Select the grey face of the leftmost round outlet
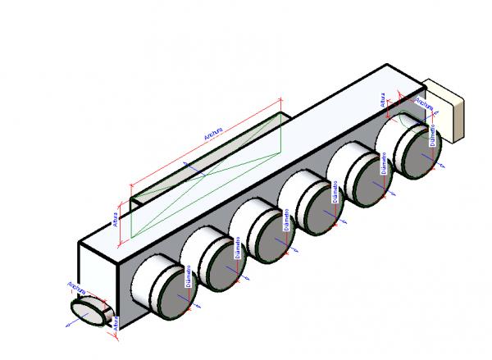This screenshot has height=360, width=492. (x=166, y=289)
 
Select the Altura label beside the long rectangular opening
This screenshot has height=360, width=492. (x=115, y=219)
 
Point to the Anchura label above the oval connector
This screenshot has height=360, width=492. (x=78, y=289)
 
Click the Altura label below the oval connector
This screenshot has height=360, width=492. (x=116, y=323)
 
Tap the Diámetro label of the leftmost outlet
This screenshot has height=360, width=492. (x=189, y=276)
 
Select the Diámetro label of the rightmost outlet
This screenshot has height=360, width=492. (x=432, y=136)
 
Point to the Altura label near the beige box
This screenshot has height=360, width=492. (x=383, y=101)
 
